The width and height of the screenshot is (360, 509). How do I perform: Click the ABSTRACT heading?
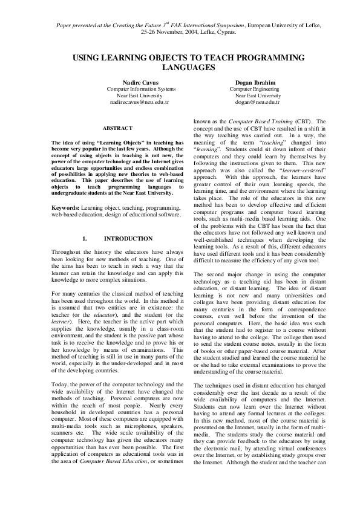[117, 128]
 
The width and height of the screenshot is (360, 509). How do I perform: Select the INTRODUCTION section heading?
[128, 238]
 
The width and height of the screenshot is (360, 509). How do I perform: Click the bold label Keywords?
[67, 207]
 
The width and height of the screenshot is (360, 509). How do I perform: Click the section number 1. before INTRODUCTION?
[85, 238]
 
